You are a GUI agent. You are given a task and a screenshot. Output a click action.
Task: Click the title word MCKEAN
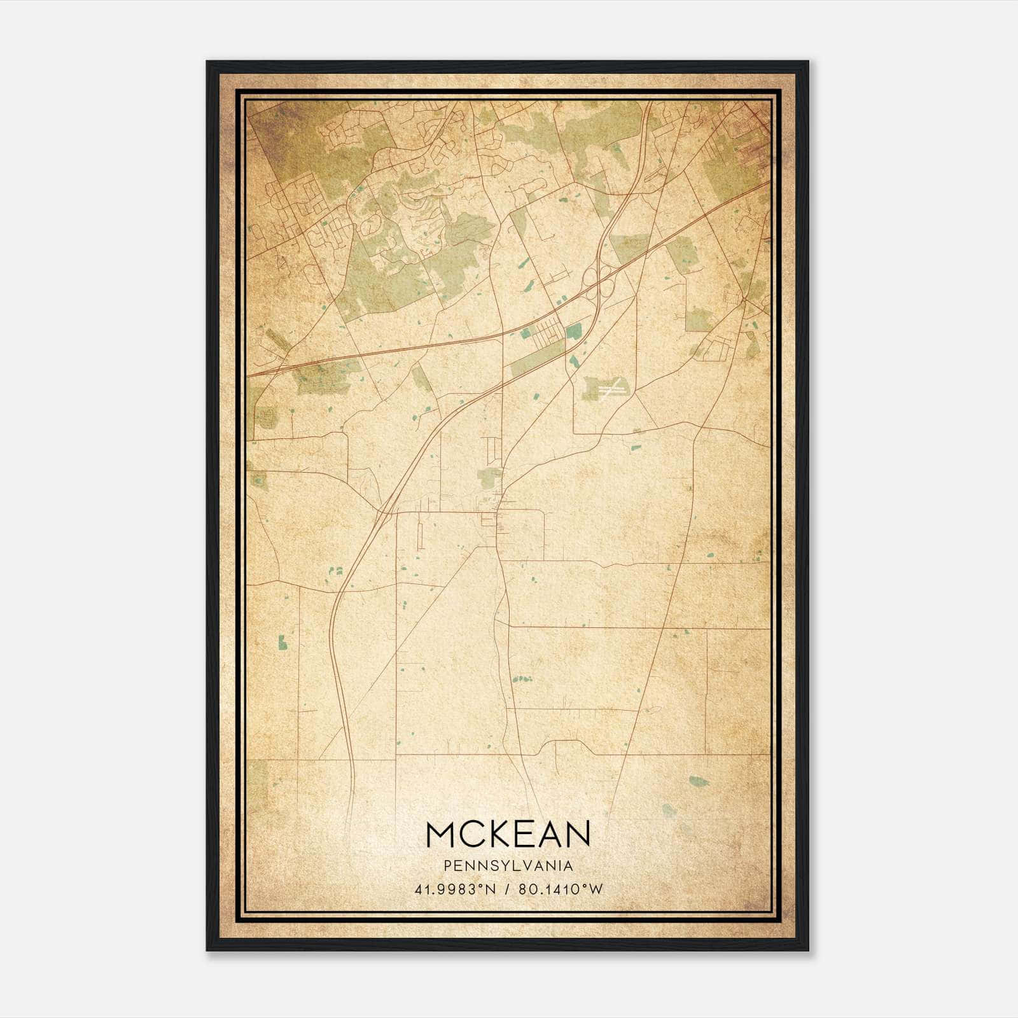pyautogui.click(x=508, y=833)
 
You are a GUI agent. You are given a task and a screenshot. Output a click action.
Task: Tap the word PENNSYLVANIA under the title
pyautogui.click(x=508, y=866)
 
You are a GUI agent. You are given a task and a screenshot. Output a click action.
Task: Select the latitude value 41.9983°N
pyautogui.click(x=454, y=889)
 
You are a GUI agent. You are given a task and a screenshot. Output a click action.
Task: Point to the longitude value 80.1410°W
pyautogui.click(x=561, y=889)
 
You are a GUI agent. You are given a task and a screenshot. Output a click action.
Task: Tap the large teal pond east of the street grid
pyautogui.click(x=574, y=331)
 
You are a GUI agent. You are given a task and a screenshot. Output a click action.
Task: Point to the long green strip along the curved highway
pyautogui.click(x=538, y=357)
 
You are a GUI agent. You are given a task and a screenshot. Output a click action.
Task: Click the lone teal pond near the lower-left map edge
pyautogui.click(x=282, y=642)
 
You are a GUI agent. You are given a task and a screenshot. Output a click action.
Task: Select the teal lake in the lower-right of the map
pyautogui.click(x=698, y=781)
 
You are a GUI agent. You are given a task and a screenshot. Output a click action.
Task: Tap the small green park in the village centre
pyautogui.click(x=489, y=478)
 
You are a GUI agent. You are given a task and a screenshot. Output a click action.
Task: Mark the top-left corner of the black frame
pyautogui.click(x=207, y=62)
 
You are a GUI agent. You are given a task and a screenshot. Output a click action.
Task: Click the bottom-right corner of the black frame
pyautogui.click(x=808, y=951)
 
